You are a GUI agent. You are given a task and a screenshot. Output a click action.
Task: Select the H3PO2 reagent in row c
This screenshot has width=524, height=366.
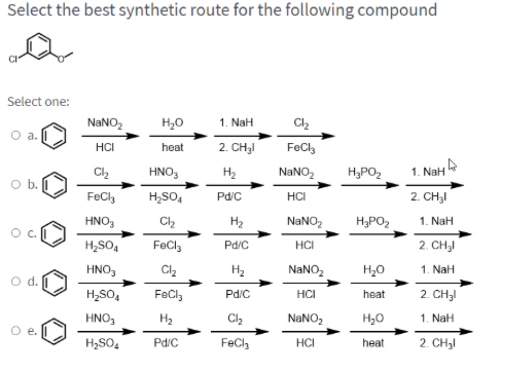pos(370,221)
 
